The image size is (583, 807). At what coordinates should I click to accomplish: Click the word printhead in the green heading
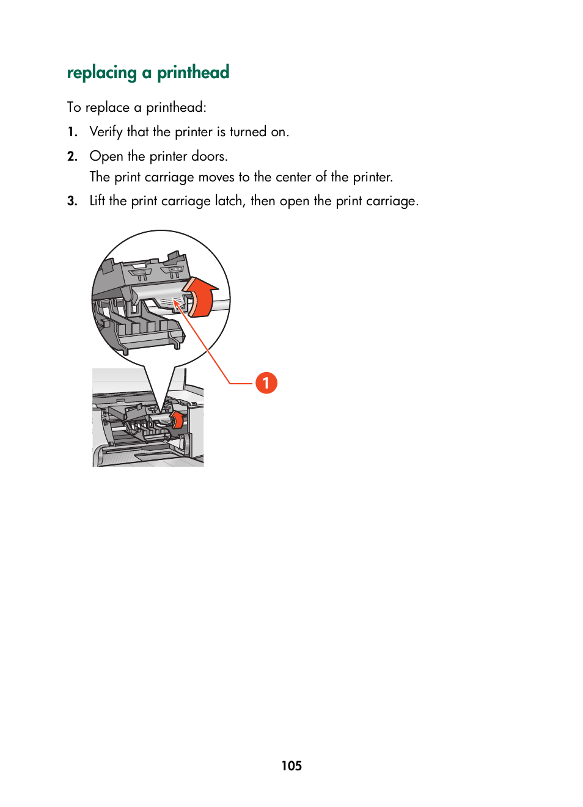(193, 73)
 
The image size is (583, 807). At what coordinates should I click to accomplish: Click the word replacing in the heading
(101, 73)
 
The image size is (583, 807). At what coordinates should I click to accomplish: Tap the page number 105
(291, 765)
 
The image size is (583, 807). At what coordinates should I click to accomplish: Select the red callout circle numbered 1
(266, 383)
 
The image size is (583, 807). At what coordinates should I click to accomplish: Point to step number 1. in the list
(73, 132)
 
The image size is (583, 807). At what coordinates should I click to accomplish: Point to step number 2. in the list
(73, 156)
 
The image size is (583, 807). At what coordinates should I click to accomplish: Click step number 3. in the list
(73, 201)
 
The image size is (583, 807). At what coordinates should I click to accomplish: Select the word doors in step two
(209, 156)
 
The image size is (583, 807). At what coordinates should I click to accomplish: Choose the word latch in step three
(229, 201)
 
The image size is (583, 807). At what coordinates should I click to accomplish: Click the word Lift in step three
(97, 201)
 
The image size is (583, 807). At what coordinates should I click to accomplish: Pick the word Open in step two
(106, 156)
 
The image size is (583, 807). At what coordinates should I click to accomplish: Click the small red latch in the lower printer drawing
(177, 420)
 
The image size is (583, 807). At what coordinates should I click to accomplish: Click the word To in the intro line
(74, 108)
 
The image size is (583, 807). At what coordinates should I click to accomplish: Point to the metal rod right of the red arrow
(222, 304)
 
